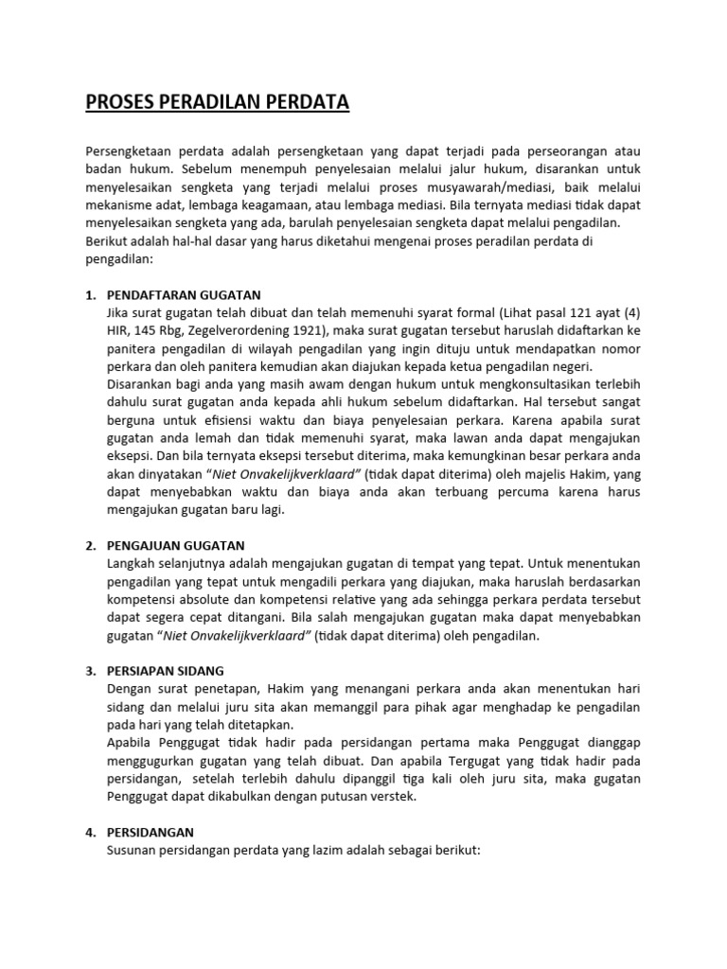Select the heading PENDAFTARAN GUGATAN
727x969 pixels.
tap(184, 294)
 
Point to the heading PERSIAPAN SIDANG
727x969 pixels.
tap(170, 671)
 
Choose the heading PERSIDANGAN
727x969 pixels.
tap(151, 832)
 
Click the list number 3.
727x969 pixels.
tap(90, 671)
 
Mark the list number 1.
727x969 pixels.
tap(90, 294)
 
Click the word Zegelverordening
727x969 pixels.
tap(252, 330)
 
